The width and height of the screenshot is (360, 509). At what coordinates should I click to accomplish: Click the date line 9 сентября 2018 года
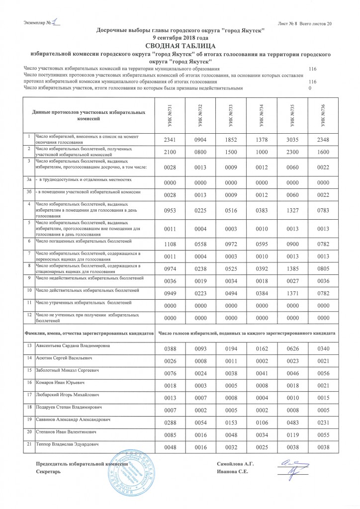[180, 37]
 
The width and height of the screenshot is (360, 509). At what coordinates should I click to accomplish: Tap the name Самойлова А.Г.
[236, 464]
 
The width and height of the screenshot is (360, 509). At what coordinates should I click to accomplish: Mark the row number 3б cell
[29, 191]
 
